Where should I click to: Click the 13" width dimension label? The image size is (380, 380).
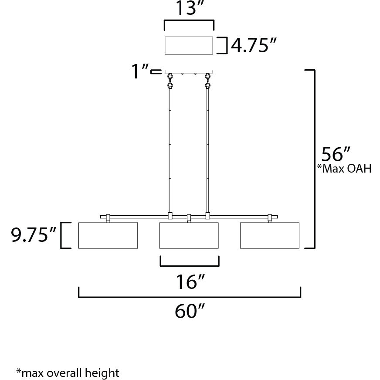[x=188, y=9]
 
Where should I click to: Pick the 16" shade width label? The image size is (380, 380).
[x=189, y=282]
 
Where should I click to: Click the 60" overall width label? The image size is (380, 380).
[x=189, y=312]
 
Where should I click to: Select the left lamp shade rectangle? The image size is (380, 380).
[x=108, y=235]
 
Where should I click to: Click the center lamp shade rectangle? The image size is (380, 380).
[x=189, y=235]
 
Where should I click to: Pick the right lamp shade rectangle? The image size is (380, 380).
[x=270, y=235]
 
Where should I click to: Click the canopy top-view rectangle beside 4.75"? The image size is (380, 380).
[x=189, y=46]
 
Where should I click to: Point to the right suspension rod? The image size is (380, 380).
[x=207, y=148]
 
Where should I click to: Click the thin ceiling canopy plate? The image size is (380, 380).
[x=189, y=71]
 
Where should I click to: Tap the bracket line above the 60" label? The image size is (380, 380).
[x=189, y=297]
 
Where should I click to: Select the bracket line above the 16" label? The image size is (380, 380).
[x=189, y=265]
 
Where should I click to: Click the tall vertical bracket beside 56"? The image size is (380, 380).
[x=313, y=159]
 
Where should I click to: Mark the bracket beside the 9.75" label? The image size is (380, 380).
[x=65, y=235]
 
